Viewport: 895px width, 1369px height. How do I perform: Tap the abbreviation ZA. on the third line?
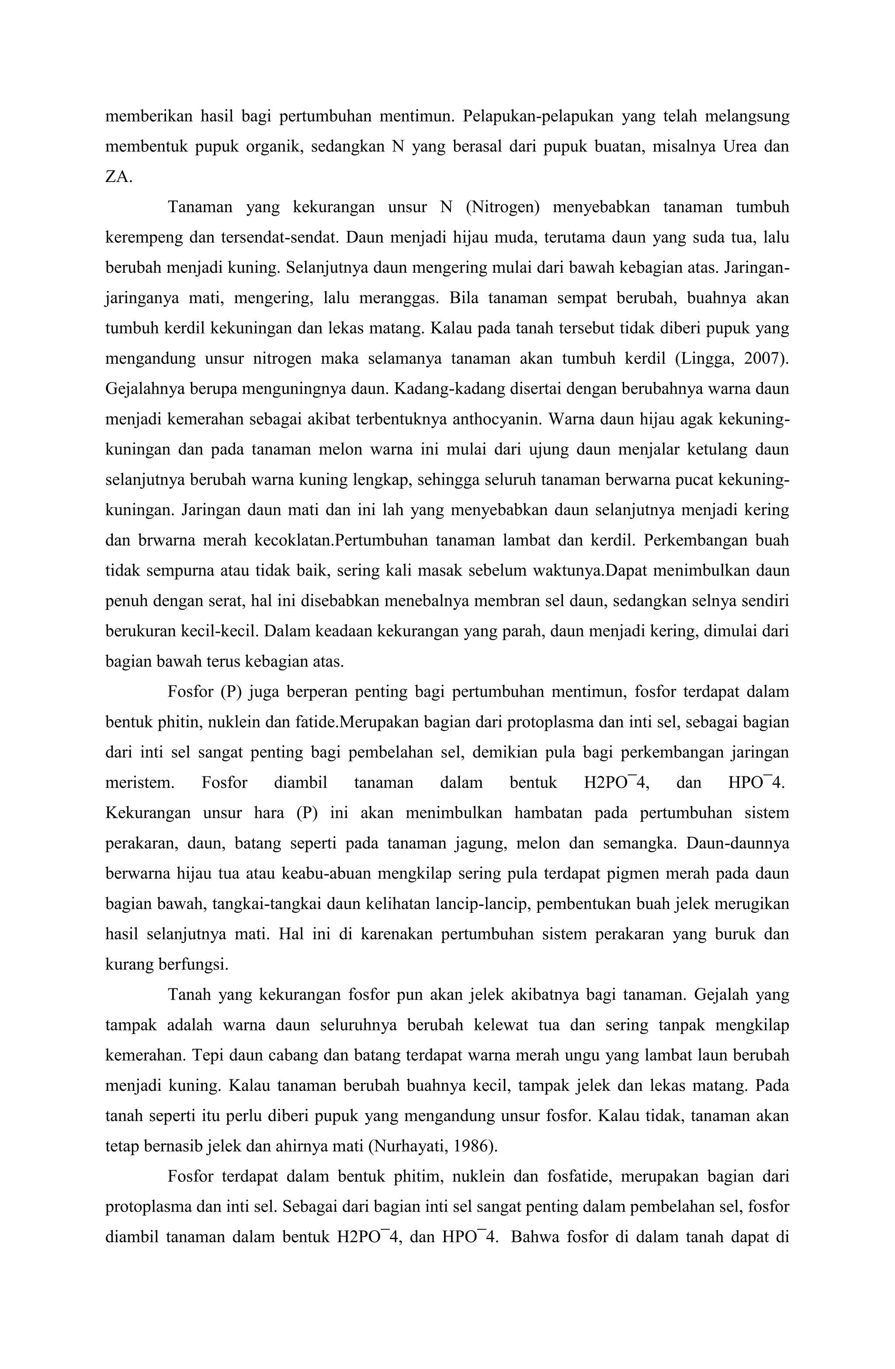click(118, 177)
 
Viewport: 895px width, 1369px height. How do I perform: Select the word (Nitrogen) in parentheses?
click(503, 207)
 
